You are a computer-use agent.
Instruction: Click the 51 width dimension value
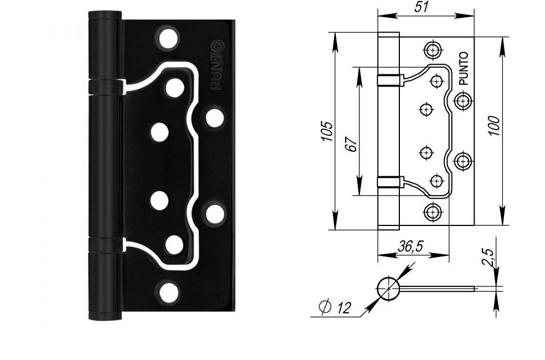pos(422,7)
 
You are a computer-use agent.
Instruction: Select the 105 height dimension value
pos(327,131)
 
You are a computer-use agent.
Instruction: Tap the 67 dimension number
pos(352,143)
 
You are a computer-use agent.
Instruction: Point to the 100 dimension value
pos(493,126)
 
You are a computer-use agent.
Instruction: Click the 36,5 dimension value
pos(410,246)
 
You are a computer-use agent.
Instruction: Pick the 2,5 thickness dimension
pos(488,258)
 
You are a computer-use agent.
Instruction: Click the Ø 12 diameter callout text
pos(335,307)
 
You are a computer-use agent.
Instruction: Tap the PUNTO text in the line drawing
pos(464,69)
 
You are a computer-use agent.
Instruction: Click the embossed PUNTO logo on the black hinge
pos(217,66)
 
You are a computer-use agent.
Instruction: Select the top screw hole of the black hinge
pos(168,37)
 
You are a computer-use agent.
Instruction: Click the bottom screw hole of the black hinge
pos(168,292)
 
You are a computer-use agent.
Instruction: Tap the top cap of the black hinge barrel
pos(105,16)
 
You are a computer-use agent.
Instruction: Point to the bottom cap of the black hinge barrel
pos(105,316)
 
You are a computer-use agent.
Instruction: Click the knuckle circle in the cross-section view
pos(388,289)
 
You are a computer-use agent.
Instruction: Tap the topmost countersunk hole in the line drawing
pos(433,50)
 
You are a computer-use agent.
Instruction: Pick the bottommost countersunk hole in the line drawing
pos(433,212)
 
